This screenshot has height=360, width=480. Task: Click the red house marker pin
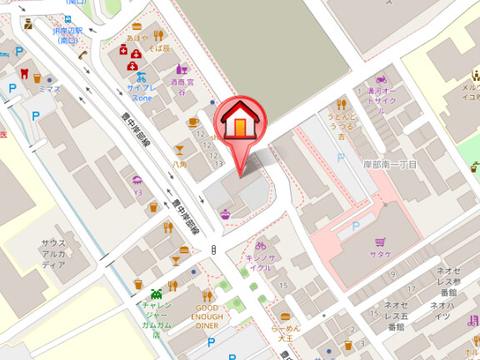coord(238,125)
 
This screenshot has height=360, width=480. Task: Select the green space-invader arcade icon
coord(156,292)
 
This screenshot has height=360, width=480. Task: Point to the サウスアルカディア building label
coord(53,253)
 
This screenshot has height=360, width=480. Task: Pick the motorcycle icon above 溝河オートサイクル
coord(382,78)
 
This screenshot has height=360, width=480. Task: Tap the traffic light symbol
coord(214,249)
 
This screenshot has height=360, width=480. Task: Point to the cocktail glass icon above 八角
coord(178,151)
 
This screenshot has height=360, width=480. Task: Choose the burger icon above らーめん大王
coord(286,317)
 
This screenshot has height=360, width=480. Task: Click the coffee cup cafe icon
coord(193,122)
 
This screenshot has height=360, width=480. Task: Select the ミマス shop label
coord(49,87)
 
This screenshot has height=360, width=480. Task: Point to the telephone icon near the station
coord(84,56)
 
